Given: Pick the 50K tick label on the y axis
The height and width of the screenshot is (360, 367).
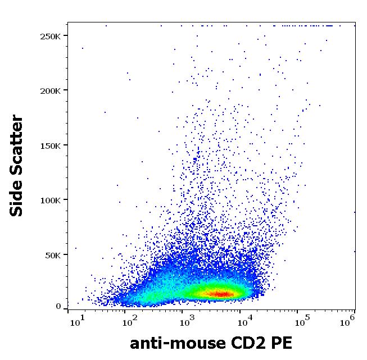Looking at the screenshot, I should pos(51,255).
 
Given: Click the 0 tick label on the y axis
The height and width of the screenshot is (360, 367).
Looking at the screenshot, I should pos(58,307).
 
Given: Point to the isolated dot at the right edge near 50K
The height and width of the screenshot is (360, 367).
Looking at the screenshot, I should pos(355,252).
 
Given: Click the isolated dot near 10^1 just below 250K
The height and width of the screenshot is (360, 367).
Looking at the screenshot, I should pos(83,48).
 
